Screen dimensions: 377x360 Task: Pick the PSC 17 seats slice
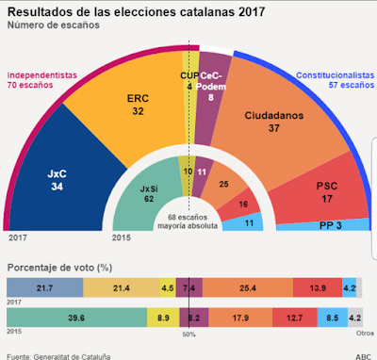323,191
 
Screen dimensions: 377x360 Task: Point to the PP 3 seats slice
323,225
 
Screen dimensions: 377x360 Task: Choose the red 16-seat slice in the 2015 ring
240,205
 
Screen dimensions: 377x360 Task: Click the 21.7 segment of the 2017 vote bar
45,287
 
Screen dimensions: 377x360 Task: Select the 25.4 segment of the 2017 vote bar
248,287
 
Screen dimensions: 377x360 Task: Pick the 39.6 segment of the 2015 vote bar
76,318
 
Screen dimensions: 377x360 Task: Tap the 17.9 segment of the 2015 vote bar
240,318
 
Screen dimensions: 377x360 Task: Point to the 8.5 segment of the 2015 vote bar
333,318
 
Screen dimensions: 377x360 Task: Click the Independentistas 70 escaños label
42,80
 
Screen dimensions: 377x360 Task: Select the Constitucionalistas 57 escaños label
336,80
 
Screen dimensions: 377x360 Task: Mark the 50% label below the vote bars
188,335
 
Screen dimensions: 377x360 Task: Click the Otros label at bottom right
365,333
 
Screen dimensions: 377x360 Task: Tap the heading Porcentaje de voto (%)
59,268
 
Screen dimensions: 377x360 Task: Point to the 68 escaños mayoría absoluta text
188,221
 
